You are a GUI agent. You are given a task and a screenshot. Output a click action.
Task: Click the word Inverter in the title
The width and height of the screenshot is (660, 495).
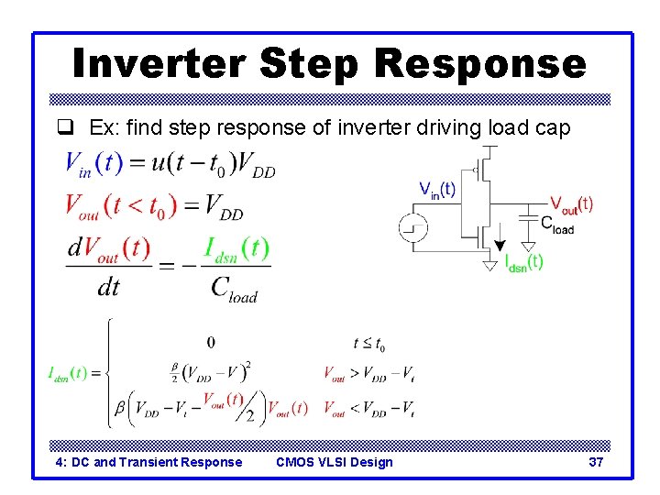click(158, 64)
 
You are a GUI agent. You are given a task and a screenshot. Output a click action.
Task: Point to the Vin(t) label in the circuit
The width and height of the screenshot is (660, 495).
click(437, 190)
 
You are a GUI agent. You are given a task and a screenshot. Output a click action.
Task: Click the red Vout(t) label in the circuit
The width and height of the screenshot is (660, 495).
click(570, 204)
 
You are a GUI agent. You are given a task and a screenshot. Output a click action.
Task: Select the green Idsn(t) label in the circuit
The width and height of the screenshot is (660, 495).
click(523, 262)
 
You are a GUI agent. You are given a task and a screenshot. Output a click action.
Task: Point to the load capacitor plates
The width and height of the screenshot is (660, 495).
click(529, 217)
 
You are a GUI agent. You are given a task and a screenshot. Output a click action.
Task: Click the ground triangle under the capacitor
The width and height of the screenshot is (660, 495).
click(529, 247)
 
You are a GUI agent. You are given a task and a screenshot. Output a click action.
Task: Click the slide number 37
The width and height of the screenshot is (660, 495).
click(596, 462)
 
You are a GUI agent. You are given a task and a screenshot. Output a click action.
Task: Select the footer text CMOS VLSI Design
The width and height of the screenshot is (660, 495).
click(334, 462)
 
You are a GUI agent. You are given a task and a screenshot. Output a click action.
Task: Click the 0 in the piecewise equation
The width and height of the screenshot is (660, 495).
click(211, 343)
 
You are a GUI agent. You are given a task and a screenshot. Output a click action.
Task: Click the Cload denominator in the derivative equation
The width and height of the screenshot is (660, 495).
click(234, 288)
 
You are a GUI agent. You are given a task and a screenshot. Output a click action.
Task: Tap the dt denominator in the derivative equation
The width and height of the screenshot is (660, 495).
click(108, 287)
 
